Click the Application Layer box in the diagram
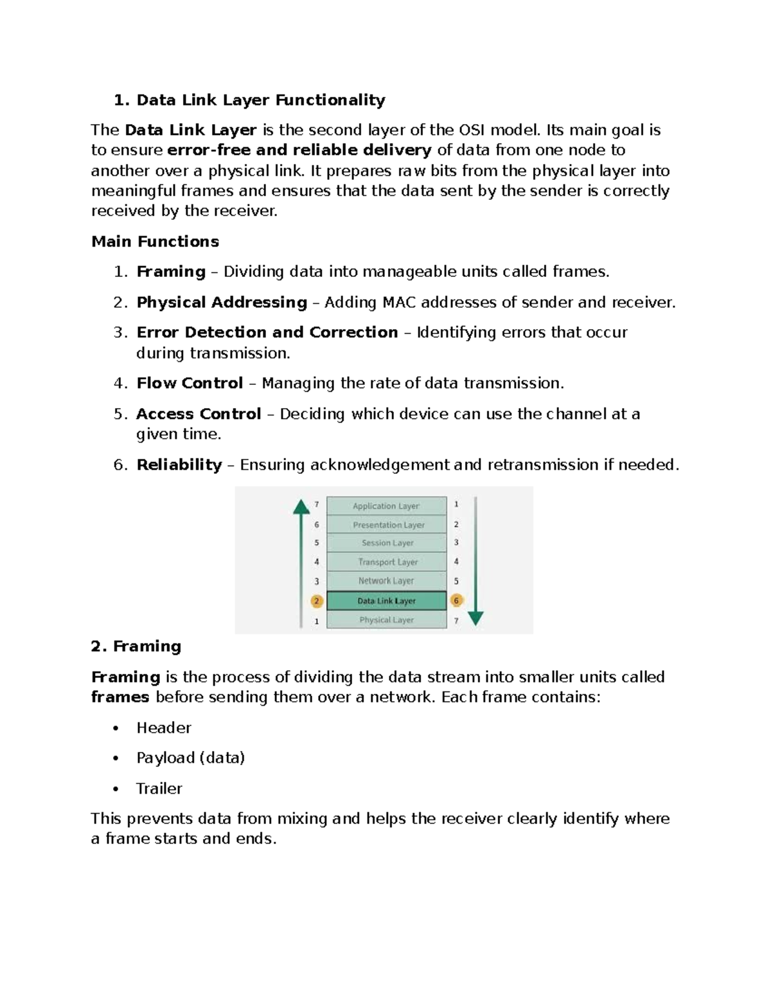[x=386, y=506]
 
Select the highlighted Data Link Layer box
[x=386, y=601]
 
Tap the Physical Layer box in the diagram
[x=386, y=619]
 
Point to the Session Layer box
[x=386, y=543]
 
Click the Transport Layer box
[x=386, y=562]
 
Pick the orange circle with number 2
[x=316, y=601]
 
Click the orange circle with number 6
[x=457, y=601]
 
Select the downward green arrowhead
[x=475, y=618]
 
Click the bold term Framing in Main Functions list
[x=171, y=272]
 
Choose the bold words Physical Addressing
[x=222, y=302]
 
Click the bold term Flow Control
[x=190, y=383]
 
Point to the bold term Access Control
[x=199, y=414]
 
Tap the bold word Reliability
[x=179, y=465]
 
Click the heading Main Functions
[x=155, y=242]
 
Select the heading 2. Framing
[x=136, y=646]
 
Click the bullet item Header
[x=163, y=727]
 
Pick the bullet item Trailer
[x=159, y=789]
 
